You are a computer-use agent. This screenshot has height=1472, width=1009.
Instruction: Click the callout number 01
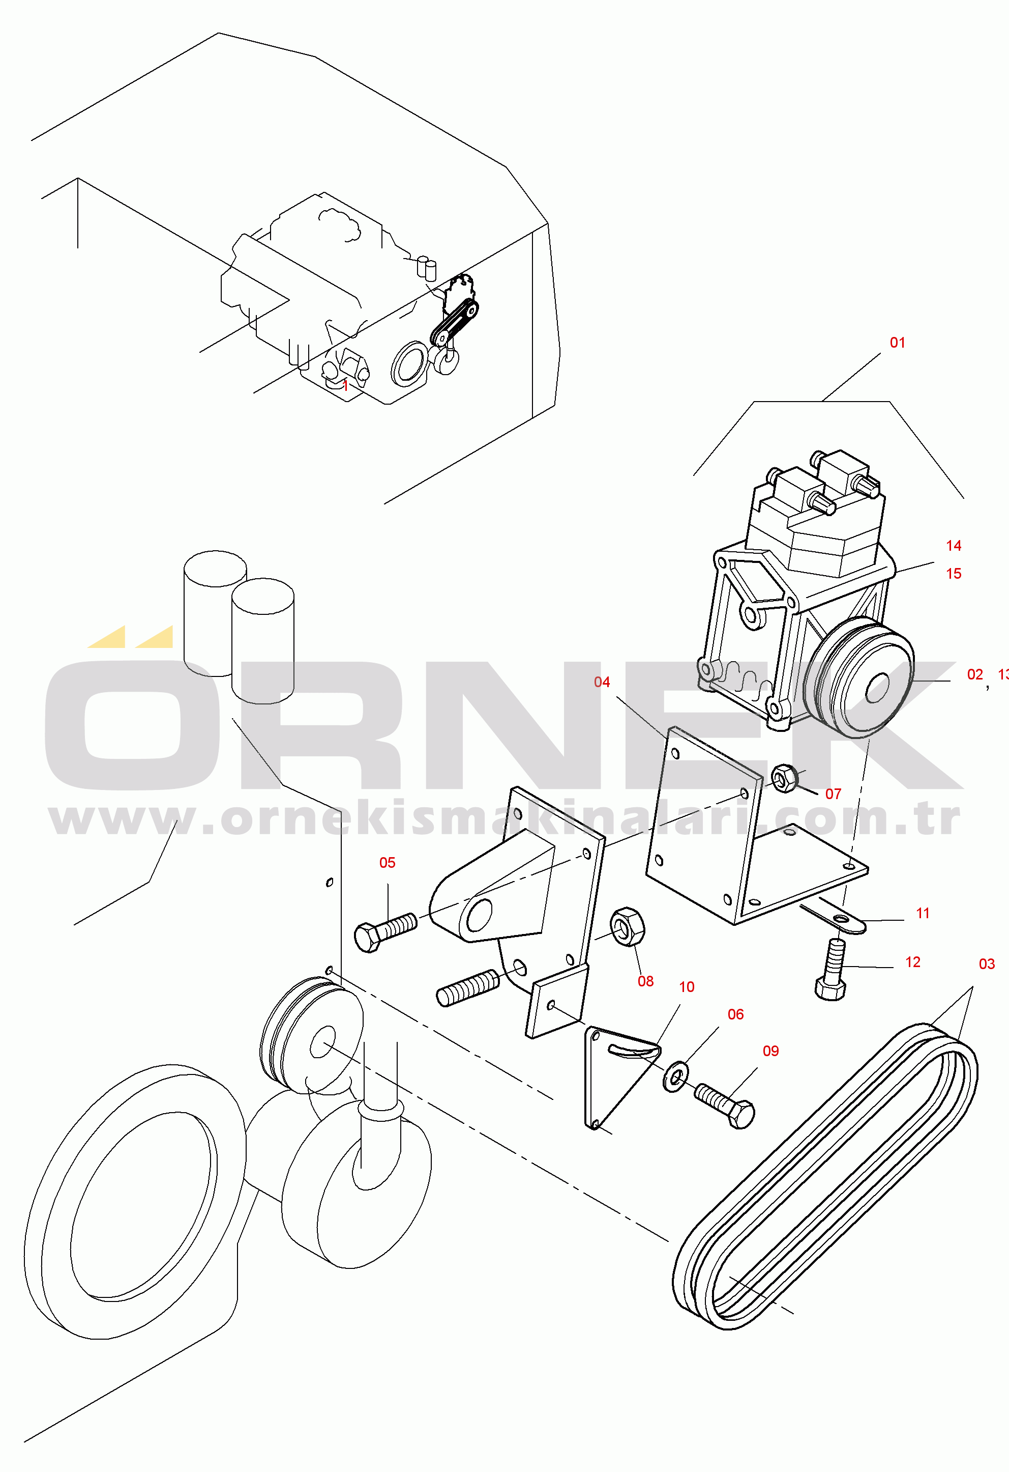click(898, 343)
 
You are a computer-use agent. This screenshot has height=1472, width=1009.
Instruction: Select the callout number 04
click(602, 682)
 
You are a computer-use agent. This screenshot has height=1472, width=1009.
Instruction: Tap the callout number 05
click(388, 863)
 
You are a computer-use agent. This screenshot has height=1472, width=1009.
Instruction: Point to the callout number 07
click(833, 794)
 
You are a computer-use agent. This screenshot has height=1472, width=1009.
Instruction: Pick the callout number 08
click(646, 981)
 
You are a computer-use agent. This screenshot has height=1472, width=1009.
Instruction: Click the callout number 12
click(913, 962)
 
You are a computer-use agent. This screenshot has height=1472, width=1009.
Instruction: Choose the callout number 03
click(987, 964)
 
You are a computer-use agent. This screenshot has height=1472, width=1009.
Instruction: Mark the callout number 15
click(954, 574)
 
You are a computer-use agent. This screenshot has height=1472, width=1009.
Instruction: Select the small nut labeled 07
click(784, 778)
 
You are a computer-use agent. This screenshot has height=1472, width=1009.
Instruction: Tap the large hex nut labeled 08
click(627, 927)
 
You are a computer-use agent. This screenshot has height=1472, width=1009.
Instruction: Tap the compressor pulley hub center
click(877, 688)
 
